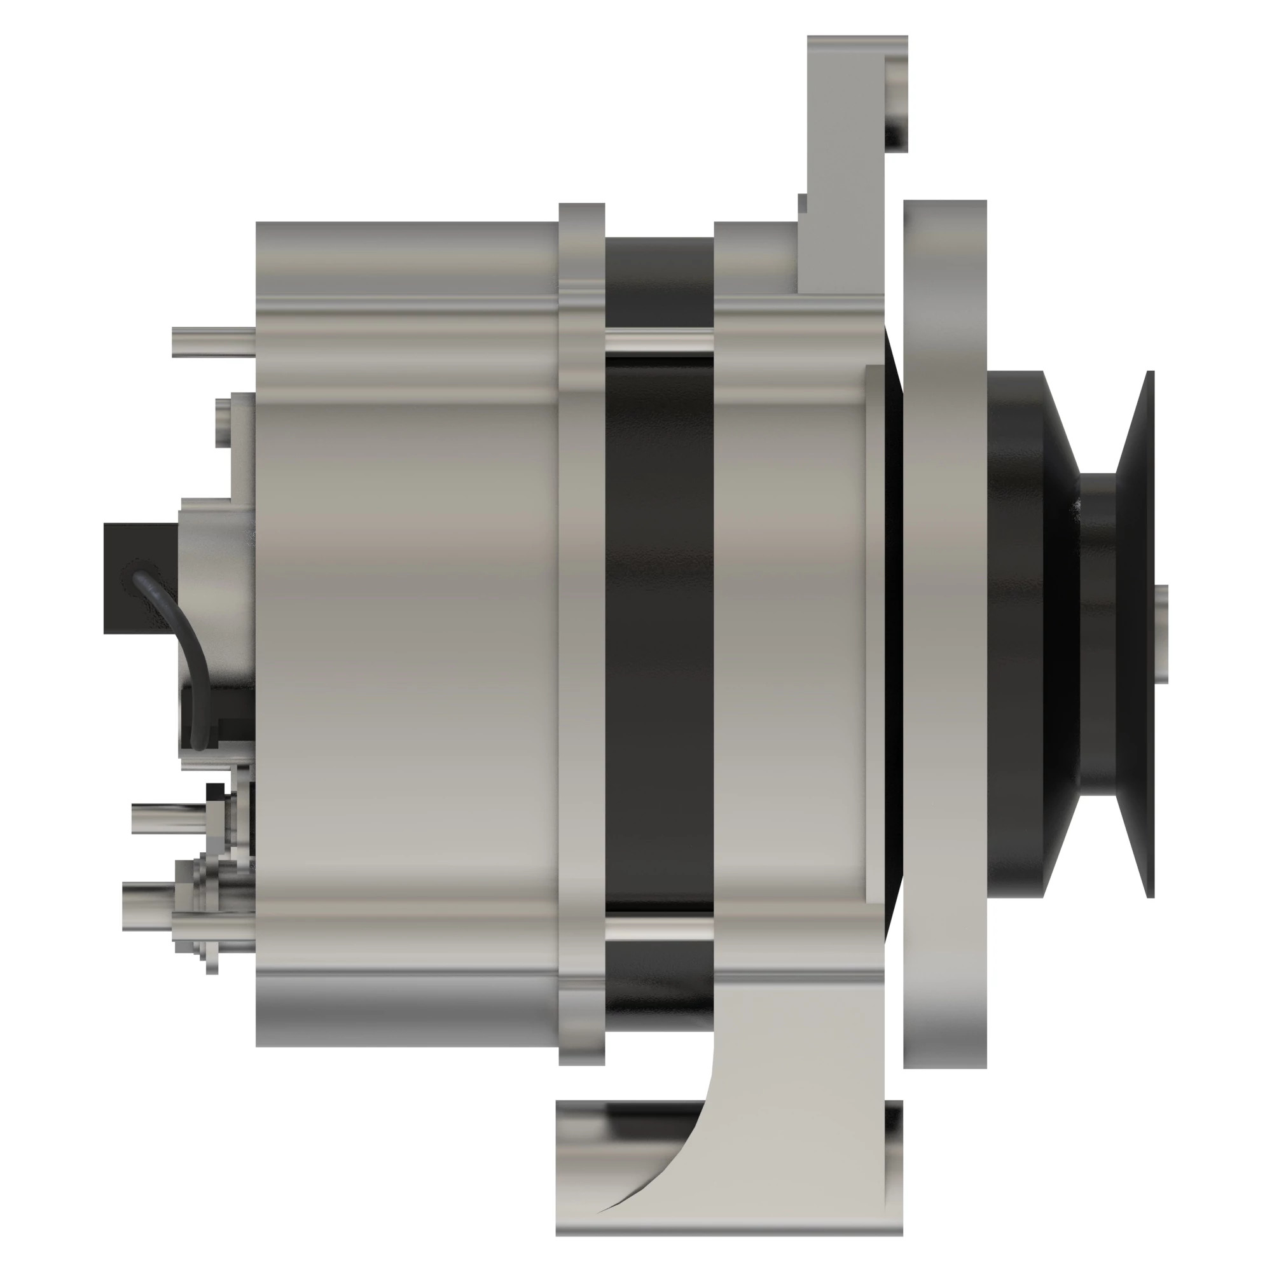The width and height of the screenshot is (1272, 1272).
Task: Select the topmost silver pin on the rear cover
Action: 212,342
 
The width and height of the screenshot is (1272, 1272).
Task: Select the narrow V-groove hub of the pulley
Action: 1096,632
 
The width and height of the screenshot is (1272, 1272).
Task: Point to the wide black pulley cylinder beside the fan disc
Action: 1014,632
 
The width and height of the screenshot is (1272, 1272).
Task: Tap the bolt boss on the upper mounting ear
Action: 896,106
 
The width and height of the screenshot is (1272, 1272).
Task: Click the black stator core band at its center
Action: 659,632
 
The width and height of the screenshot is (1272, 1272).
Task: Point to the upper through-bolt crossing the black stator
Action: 659,342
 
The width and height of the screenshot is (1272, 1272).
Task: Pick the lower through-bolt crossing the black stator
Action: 659,928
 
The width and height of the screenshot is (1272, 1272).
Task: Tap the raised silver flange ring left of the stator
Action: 582,632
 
